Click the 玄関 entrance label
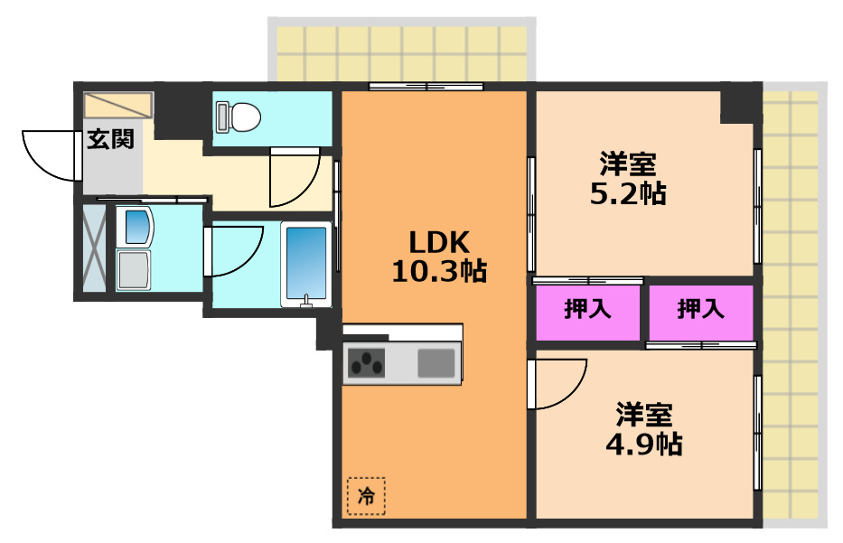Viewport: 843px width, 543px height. pyautogui.click(x=111, y=139)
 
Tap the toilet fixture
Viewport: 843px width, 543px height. pyautogui.click(x=238, y=116)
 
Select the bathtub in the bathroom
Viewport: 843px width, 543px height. pyautogui.click(x=307, y=263)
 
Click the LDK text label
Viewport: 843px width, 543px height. pyautogui.click(x=438, y=242)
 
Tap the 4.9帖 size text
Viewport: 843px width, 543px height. pyautogui.click(x=643, y=444)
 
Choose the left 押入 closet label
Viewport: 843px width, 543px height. pyautogui.click(x=588, y=310)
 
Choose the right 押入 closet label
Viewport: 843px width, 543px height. pyautogui.click(x=701, y=310)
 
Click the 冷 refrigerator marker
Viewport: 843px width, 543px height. pyautogui.click(x=365, y=495)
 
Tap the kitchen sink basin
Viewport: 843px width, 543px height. pyautogui.click(x=436, y=363)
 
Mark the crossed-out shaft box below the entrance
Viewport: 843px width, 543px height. pyautogui.click(x=94, y=248)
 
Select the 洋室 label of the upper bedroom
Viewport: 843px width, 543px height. pyautogui.click(x=627, y=165)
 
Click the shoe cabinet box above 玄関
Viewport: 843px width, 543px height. pyautogui.click(x=118, y=105)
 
